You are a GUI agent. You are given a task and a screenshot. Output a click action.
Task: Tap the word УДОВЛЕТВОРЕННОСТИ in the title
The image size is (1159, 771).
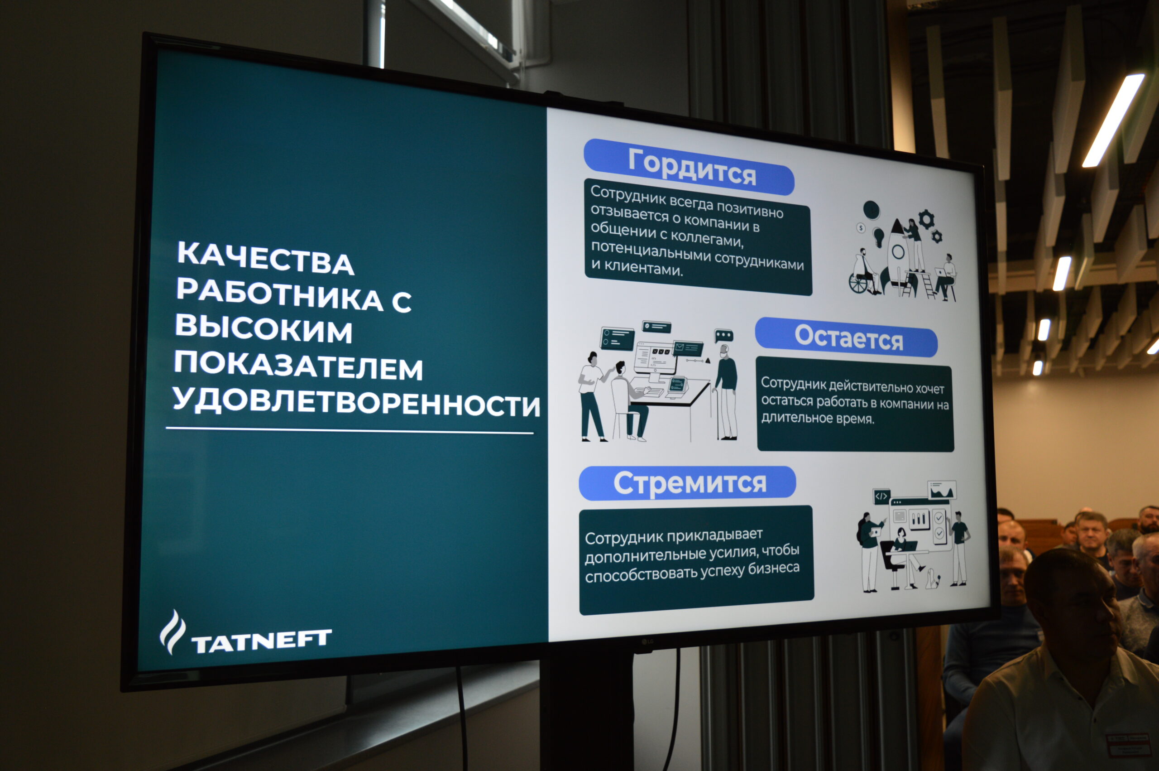coord(356,401)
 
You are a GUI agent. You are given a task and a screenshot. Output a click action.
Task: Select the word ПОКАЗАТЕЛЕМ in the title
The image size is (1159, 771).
coord(298,365)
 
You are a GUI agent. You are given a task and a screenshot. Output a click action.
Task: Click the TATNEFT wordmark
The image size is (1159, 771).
coord(261,641)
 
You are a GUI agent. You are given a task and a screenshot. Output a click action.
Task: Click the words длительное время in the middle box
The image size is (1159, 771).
coord(818,419)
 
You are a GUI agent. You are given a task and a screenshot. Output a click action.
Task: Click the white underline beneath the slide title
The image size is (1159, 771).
coord(350,431)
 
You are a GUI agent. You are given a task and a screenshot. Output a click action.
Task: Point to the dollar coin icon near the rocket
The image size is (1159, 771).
coord(861,228)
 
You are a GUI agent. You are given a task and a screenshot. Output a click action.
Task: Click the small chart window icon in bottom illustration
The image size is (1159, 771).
coord(942,490)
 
